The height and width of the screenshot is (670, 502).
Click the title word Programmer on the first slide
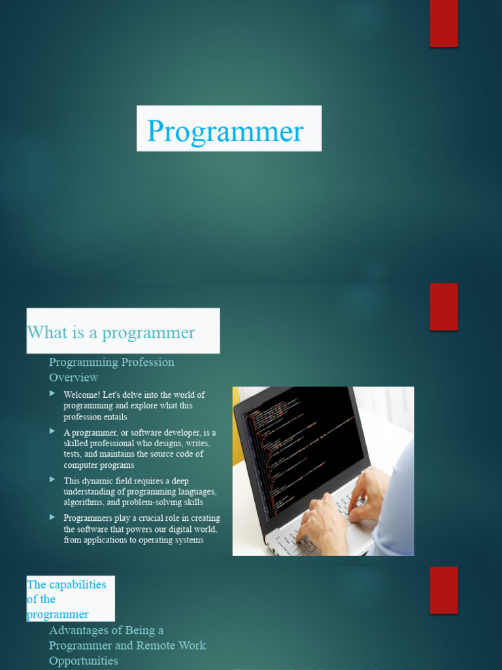coord(226,131)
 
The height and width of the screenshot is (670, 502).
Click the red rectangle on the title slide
coord(443,24)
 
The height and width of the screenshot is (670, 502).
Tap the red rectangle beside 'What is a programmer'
coord(443,306)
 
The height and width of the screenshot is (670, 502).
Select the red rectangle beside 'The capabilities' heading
coord(443,590)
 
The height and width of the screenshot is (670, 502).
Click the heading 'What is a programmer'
coord(111,332)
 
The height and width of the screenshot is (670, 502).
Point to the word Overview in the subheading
coord(74,378)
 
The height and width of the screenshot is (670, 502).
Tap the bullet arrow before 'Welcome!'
coord(52,394)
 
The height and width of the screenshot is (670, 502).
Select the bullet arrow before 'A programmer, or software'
coord(52,432)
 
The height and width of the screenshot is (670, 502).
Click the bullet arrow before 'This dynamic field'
coord(52,480)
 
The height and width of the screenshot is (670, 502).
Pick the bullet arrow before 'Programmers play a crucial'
coord(52,517)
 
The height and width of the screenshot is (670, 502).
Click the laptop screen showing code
coord(301,445)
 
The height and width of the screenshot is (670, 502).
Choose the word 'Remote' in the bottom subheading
coord(136,646)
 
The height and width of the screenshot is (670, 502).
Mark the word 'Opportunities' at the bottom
coord(84,661)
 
